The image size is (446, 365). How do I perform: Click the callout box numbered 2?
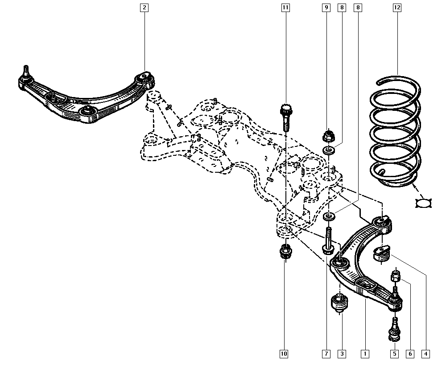144,8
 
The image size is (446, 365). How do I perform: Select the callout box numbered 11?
285,8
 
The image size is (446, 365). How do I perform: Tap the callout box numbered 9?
326,8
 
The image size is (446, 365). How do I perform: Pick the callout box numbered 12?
397,8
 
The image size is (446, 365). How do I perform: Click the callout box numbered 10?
284,353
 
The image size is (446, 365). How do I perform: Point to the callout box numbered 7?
326,353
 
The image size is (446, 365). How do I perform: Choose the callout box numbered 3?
342,353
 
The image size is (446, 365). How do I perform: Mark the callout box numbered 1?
365,353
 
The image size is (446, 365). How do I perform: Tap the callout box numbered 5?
395,353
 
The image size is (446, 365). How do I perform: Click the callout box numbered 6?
410,353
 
